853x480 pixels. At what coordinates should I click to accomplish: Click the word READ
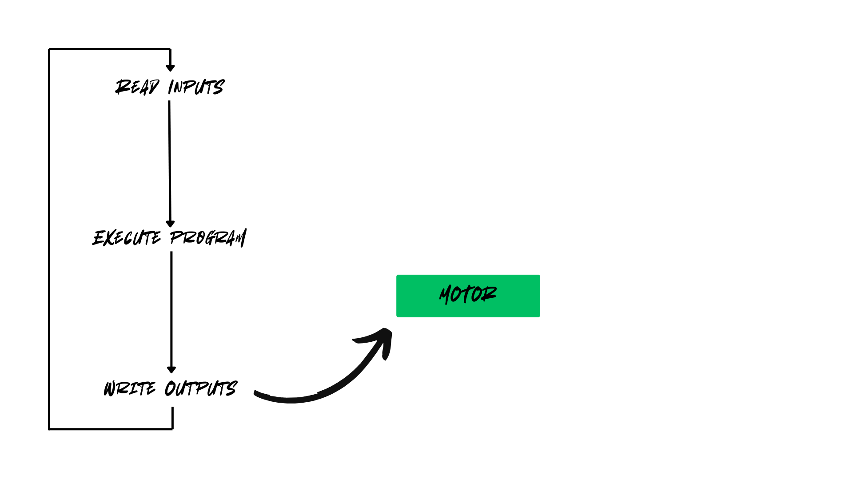tap(137, 87)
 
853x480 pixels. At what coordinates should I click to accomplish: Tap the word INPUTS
tap(196, 87)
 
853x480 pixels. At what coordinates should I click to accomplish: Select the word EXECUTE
tap(127, 238)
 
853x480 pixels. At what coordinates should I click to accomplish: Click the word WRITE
tap(130, 388)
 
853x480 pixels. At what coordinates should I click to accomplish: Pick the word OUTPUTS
tap(201, 388)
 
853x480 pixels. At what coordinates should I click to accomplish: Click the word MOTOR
tap(468, 295)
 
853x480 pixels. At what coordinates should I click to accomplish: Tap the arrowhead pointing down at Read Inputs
tap(170, 68)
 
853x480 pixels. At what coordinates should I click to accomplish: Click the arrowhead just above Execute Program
tap(170, 224)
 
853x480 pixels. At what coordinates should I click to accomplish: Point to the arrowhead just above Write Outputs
tap(171, 370)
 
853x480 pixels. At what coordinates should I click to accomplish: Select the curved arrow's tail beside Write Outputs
tap(260, 395)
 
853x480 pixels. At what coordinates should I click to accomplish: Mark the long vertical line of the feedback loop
tap(49, 240)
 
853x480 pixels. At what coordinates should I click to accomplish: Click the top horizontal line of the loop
tap(109, 49)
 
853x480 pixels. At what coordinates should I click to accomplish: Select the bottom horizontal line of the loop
tap(111, 429)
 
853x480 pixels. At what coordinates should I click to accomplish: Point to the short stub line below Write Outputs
tap(172, 418)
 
